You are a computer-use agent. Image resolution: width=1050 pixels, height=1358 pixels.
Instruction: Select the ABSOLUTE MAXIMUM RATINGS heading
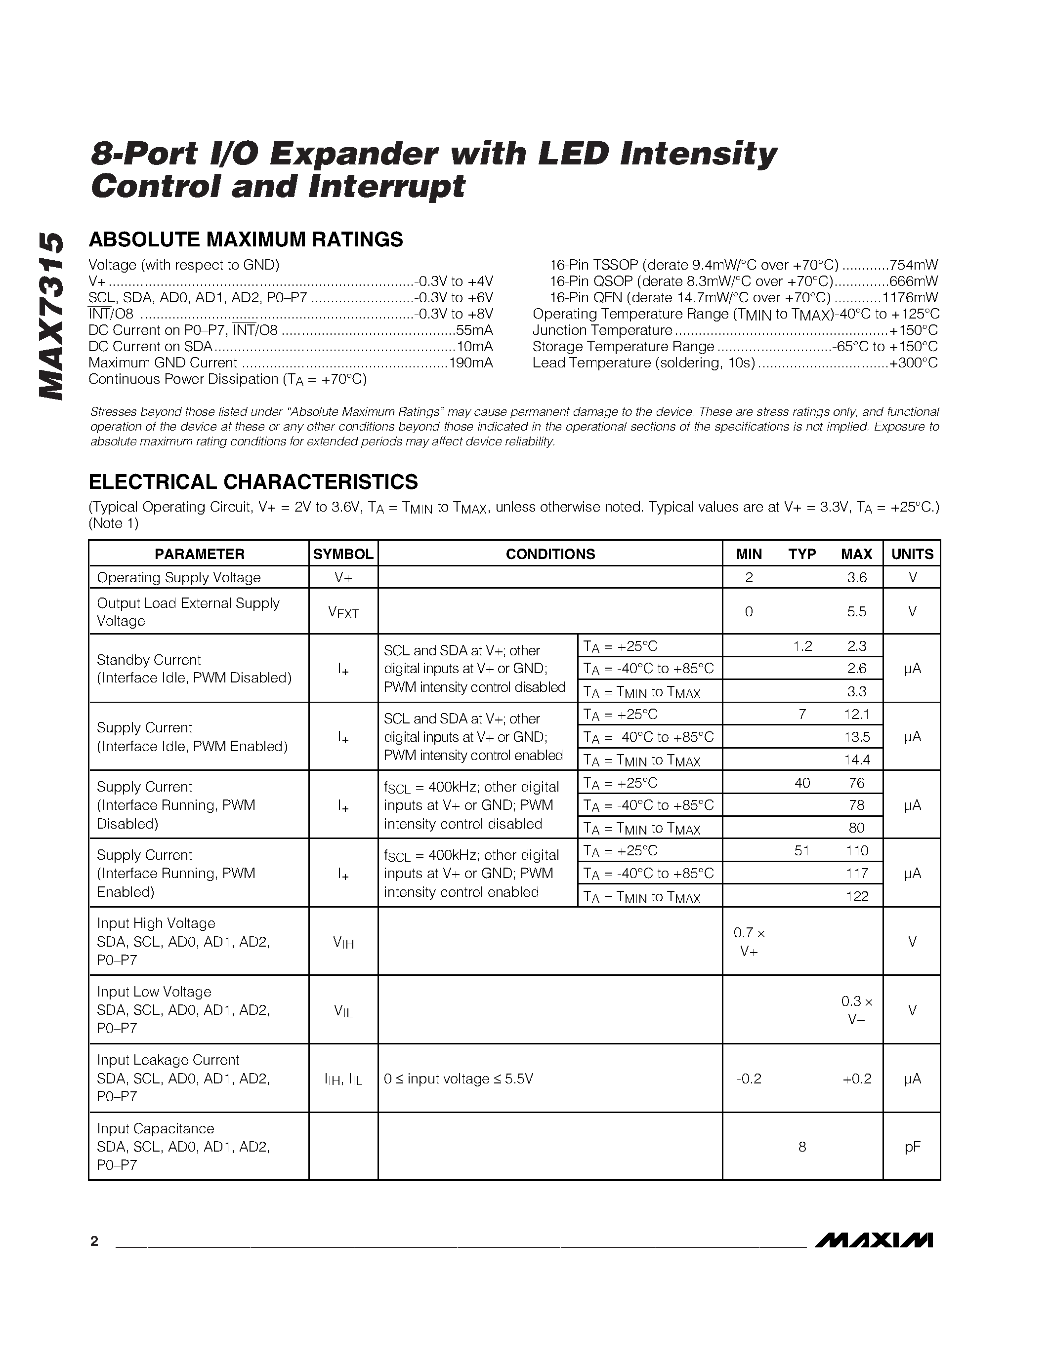(x=246, y=240)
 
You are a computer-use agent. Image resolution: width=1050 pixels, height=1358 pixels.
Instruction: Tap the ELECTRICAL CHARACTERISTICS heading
(x=253, y=482)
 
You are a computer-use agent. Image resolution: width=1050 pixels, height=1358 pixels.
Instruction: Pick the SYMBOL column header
(x=343, y=554)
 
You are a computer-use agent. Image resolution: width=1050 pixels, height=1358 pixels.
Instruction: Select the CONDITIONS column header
(x=550, y=554)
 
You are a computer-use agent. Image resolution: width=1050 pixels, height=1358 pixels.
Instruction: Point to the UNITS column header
(x=912, y=554)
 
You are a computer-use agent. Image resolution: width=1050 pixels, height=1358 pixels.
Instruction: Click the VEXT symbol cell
(x=343, y=612)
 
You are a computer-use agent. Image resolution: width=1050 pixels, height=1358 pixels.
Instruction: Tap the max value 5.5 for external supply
(x=856, y=612)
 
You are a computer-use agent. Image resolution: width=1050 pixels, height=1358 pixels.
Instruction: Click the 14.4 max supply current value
(x=856, y=759)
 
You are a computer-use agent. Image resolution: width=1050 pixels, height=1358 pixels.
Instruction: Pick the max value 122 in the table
(x=856, y=896)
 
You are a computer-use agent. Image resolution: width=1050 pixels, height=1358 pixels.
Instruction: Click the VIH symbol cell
(x=343, y=942)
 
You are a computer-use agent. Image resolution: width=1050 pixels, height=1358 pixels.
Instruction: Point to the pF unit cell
(x=912, y=1147)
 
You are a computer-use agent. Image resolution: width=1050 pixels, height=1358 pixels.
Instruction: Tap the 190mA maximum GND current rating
(x=470, y=363)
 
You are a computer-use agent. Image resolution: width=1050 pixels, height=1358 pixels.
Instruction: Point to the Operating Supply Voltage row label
(x=178, y=578)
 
